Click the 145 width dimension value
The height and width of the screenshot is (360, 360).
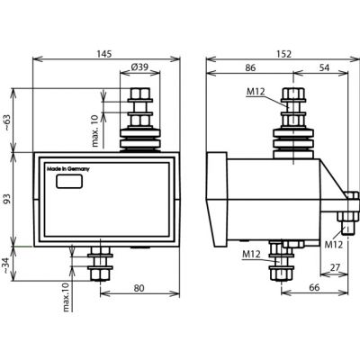click(104, 54)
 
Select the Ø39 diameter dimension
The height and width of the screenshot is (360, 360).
click(139, 67)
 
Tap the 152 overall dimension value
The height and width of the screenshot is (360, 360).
click(283, 54)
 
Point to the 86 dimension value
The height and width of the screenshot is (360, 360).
click(250, 67)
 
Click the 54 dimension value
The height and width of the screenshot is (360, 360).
click(324, 67)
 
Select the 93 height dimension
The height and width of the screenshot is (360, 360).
click(7, 199)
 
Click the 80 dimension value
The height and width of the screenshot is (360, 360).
click(139, 288)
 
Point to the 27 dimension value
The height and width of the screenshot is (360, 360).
click(334, 267)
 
